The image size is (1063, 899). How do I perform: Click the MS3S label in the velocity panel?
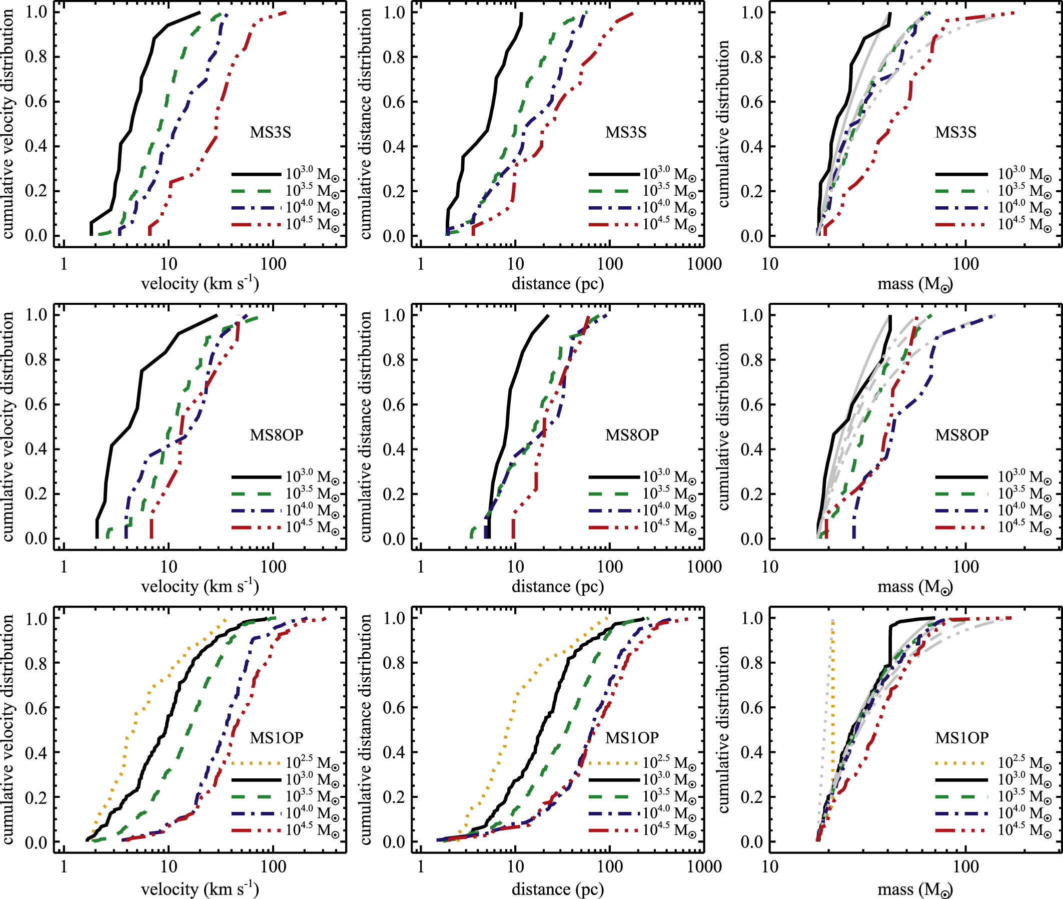coord(270,132)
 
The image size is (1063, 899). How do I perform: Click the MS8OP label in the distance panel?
coord(632,434)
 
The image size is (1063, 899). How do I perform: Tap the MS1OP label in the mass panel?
coord(961,737)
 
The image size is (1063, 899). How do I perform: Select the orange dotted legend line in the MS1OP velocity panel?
coord(256,763)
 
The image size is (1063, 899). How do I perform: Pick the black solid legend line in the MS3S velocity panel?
coord(256,174)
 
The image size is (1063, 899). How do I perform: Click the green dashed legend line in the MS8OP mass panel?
coord(961,494)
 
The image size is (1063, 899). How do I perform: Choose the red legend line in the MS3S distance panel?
coord(614,225)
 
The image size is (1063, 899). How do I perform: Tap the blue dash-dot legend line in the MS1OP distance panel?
coord(614,813)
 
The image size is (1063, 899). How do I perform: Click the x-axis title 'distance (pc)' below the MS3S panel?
coord(558,283)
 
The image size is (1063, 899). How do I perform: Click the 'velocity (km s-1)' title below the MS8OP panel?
coord(200,586)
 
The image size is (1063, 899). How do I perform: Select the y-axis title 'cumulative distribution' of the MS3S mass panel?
coord(723,124)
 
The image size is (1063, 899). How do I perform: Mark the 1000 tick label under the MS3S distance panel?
coord(704,263)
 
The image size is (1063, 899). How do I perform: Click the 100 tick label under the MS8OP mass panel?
coord(966,566)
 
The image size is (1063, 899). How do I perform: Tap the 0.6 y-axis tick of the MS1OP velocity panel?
coord(36,708)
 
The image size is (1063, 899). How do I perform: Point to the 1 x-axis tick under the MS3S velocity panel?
coord(64,263)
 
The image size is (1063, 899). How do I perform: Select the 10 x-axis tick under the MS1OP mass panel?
coord(770,866)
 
